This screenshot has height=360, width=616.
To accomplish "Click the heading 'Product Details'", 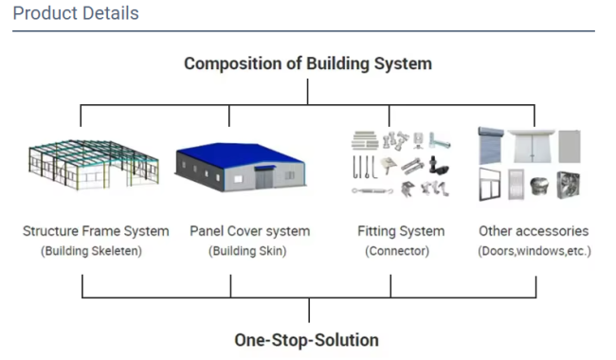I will tap(76, 14).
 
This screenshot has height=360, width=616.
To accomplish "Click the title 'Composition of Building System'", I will tap(308, 63).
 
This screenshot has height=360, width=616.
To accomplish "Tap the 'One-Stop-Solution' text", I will tap(307, 339).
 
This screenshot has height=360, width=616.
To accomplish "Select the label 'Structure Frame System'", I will tap(96, 231).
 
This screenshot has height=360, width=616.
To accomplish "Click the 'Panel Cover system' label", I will tap(249, 231).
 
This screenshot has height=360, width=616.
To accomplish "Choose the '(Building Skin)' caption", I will tap(249, 251).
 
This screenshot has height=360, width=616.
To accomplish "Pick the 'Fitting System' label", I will tap(401, 231).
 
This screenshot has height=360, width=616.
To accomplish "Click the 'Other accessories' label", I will tap(534, 231).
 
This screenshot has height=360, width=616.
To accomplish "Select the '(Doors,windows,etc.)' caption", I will tap(534, 251).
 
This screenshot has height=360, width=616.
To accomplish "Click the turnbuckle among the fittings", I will tap(371, 191).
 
